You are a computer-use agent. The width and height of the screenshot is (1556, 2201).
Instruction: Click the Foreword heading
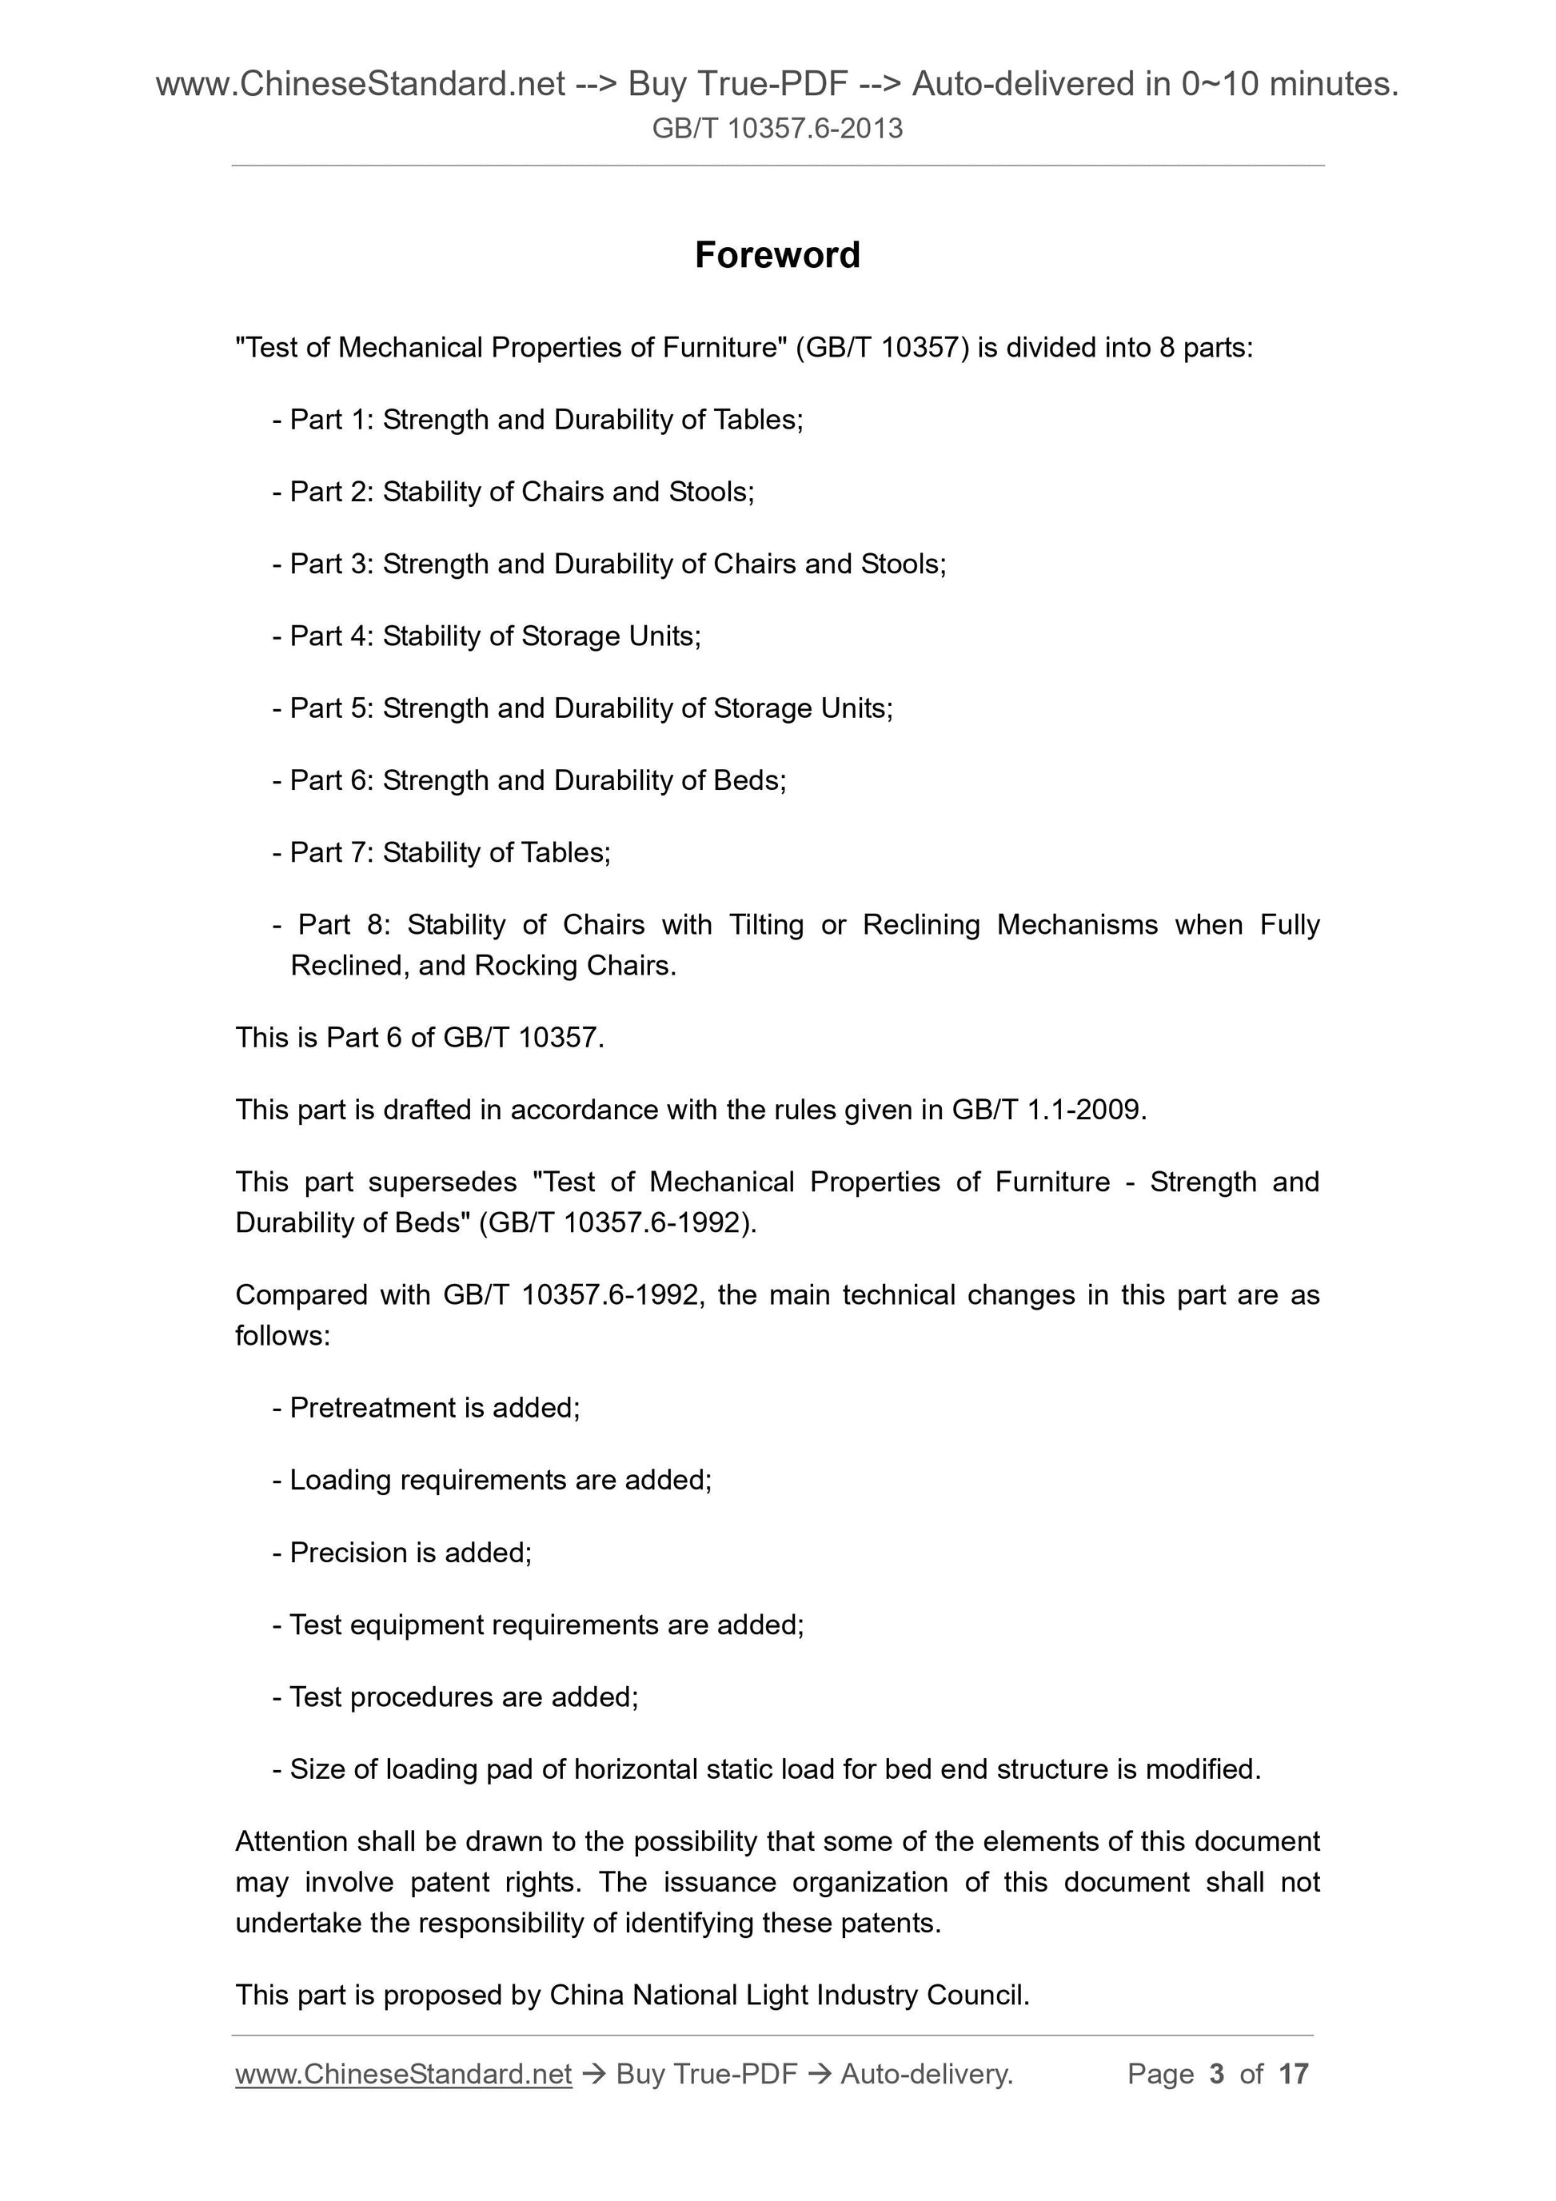(x=777, y=255)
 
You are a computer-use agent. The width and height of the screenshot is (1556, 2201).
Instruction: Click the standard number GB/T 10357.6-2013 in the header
(x=777, y=129)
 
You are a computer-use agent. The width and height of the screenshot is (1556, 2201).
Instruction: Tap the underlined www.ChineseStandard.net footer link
(x=404, y=2074)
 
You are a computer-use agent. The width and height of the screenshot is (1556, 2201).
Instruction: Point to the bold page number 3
(x=1217, y=2074)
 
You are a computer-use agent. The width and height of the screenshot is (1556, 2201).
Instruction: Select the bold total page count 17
(x=1293, y=2074)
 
